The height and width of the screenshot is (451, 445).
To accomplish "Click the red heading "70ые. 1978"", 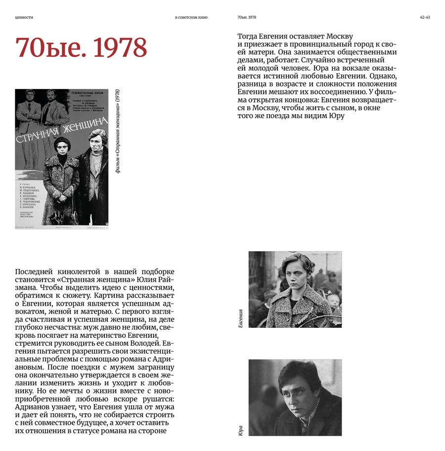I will point(81,48).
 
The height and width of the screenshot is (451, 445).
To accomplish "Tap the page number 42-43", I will point(425,17).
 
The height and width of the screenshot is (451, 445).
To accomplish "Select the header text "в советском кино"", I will point(191,17).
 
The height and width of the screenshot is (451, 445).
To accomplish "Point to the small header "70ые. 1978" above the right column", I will point(247,17).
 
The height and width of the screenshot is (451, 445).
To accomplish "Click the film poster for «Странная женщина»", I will point(62,159).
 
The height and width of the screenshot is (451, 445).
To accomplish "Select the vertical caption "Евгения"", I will point(240,318).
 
